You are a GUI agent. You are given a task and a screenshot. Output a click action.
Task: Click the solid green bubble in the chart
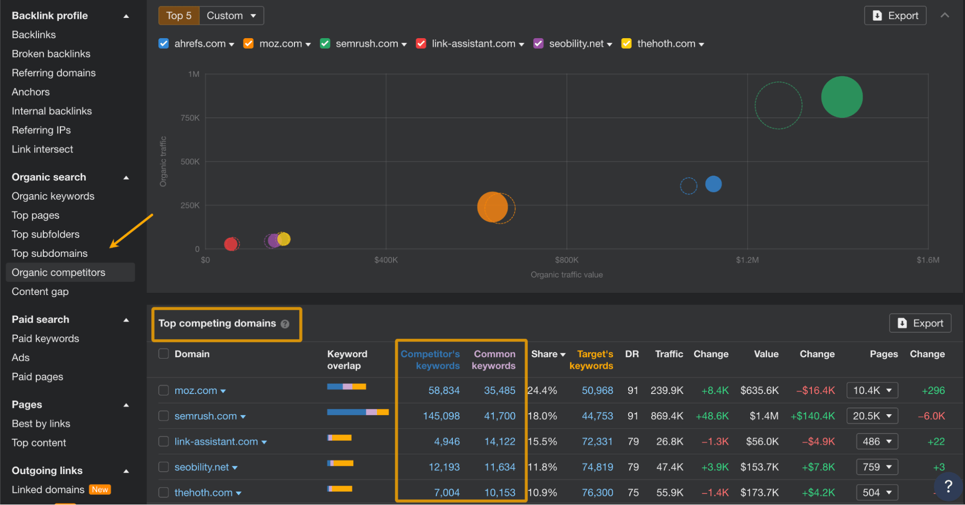841,97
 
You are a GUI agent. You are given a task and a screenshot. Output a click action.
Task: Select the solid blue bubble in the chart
713,184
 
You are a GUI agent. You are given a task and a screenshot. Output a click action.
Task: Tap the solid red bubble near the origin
230,244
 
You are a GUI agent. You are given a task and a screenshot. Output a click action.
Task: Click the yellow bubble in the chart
284,238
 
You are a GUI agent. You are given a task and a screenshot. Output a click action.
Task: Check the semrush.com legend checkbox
325,43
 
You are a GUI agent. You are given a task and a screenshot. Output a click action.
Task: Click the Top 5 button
179,15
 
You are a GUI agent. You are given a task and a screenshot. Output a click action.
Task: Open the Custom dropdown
231,15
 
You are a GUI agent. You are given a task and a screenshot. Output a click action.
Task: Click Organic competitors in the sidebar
58,272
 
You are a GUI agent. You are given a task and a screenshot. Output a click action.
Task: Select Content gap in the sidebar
40,292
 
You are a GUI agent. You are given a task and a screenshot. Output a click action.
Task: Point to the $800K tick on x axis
566,260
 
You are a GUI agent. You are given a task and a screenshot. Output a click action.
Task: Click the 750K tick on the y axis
190,118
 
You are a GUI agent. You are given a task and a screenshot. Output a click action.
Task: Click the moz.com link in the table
196,391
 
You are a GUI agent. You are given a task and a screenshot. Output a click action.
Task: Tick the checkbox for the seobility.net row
164,467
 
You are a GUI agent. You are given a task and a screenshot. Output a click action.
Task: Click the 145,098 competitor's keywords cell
441,416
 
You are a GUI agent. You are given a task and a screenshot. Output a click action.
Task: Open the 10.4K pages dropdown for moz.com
872,390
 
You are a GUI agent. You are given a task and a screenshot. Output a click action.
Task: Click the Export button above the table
920,323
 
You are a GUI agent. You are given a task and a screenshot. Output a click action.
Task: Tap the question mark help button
948,486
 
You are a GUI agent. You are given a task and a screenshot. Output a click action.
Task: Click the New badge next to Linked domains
100,490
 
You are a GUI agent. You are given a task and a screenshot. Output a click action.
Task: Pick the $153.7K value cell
759,467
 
